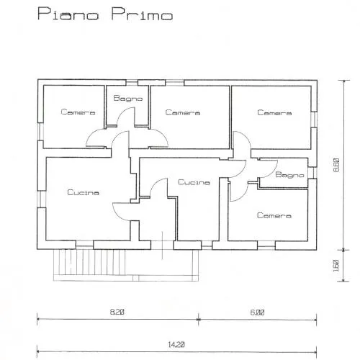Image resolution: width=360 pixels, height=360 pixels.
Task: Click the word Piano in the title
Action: click(x=68, y=14)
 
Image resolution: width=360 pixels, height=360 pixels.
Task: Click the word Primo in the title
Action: click(x=142, y=14)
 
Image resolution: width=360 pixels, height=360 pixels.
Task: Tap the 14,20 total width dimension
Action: click(x=176, y=345)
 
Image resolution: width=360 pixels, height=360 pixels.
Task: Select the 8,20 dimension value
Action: click(x=117, y=312)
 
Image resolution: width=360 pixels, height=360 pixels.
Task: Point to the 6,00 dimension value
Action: click(x=257, y=312)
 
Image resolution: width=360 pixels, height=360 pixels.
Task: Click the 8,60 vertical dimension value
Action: click(x=336, y=165)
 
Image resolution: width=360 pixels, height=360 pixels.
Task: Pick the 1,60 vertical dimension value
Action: click(x=336, y=266)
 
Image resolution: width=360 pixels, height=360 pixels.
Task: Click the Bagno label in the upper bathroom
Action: click(x=128, y=98)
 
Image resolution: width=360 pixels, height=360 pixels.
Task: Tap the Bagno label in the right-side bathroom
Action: click(x=289, y=174)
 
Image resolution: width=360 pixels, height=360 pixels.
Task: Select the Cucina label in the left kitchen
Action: click(x=83, y=192)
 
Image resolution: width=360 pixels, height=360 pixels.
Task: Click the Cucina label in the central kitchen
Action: click(x=194, y=182)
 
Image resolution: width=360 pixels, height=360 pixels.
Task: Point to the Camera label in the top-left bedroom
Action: click(x=78, y=112)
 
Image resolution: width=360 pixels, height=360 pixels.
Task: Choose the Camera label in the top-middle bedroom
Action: click(x=183, y=112)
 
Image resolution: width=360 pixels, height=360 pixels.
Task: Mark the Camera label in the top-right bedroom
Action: click(x=274, y=112)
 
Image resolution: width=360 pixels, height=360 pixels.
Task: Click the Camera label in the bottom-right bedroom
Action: click(x=274, y=215)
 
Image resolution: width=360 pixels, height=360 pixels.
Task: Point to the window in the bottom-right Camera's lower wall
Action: click(x=266, y=245)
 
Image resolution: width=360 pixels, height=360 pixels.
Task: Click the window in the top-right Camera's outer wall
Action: click(x=314, y=120)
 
